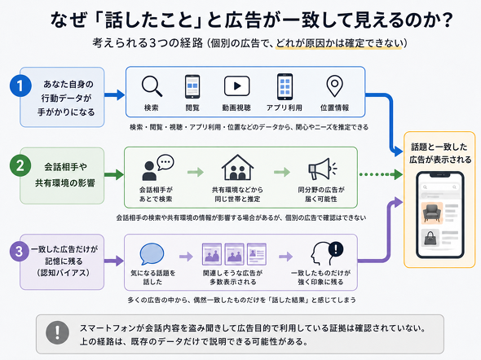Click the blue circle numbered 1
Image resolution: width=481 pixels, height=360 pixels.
coord(20,86)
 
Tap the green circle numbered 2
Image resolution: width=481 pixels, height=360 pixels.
coord(20,166)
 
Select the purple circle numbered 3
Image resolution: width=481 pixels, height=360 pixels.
coord(19,251)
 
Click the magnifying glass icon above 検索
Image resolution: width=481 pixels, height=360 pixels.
coord(152,86)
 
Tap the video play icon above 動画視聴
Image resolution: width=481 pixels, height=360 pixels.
coord(236,86)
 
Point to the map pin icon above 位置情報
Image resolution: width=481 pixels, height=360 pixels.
coord(335,86)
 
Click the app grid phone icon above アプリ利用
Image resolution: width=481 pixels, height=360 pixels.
coord(285,86)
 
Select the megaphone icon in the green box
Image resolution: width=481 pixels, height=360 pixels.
coord(322,169)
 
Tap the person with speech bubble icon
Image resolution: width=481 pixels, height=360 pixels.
coord(157,167)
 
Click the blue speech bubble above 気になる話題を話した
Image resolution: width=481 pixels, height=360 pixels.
coord(152,254)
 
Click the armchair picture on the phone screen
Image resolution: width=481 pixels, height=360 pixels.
coord(432,213)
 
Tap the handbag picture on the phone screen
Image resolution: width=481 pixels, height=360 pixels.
coord(430,239)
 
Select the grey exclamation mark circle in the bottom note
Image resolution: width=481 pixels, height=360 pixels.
coord(57,333)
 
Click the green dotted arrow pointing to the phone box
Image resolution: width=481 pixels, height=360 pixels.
coord(381,174)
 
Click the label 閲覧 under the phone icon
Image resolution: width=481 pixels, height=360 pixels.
coord(192,108)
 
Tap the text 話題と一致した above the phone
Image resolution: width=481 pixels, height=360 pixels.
coord(439,147)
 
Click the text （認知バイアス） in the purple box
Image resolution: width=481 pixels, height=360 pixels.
coord(64,273)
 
